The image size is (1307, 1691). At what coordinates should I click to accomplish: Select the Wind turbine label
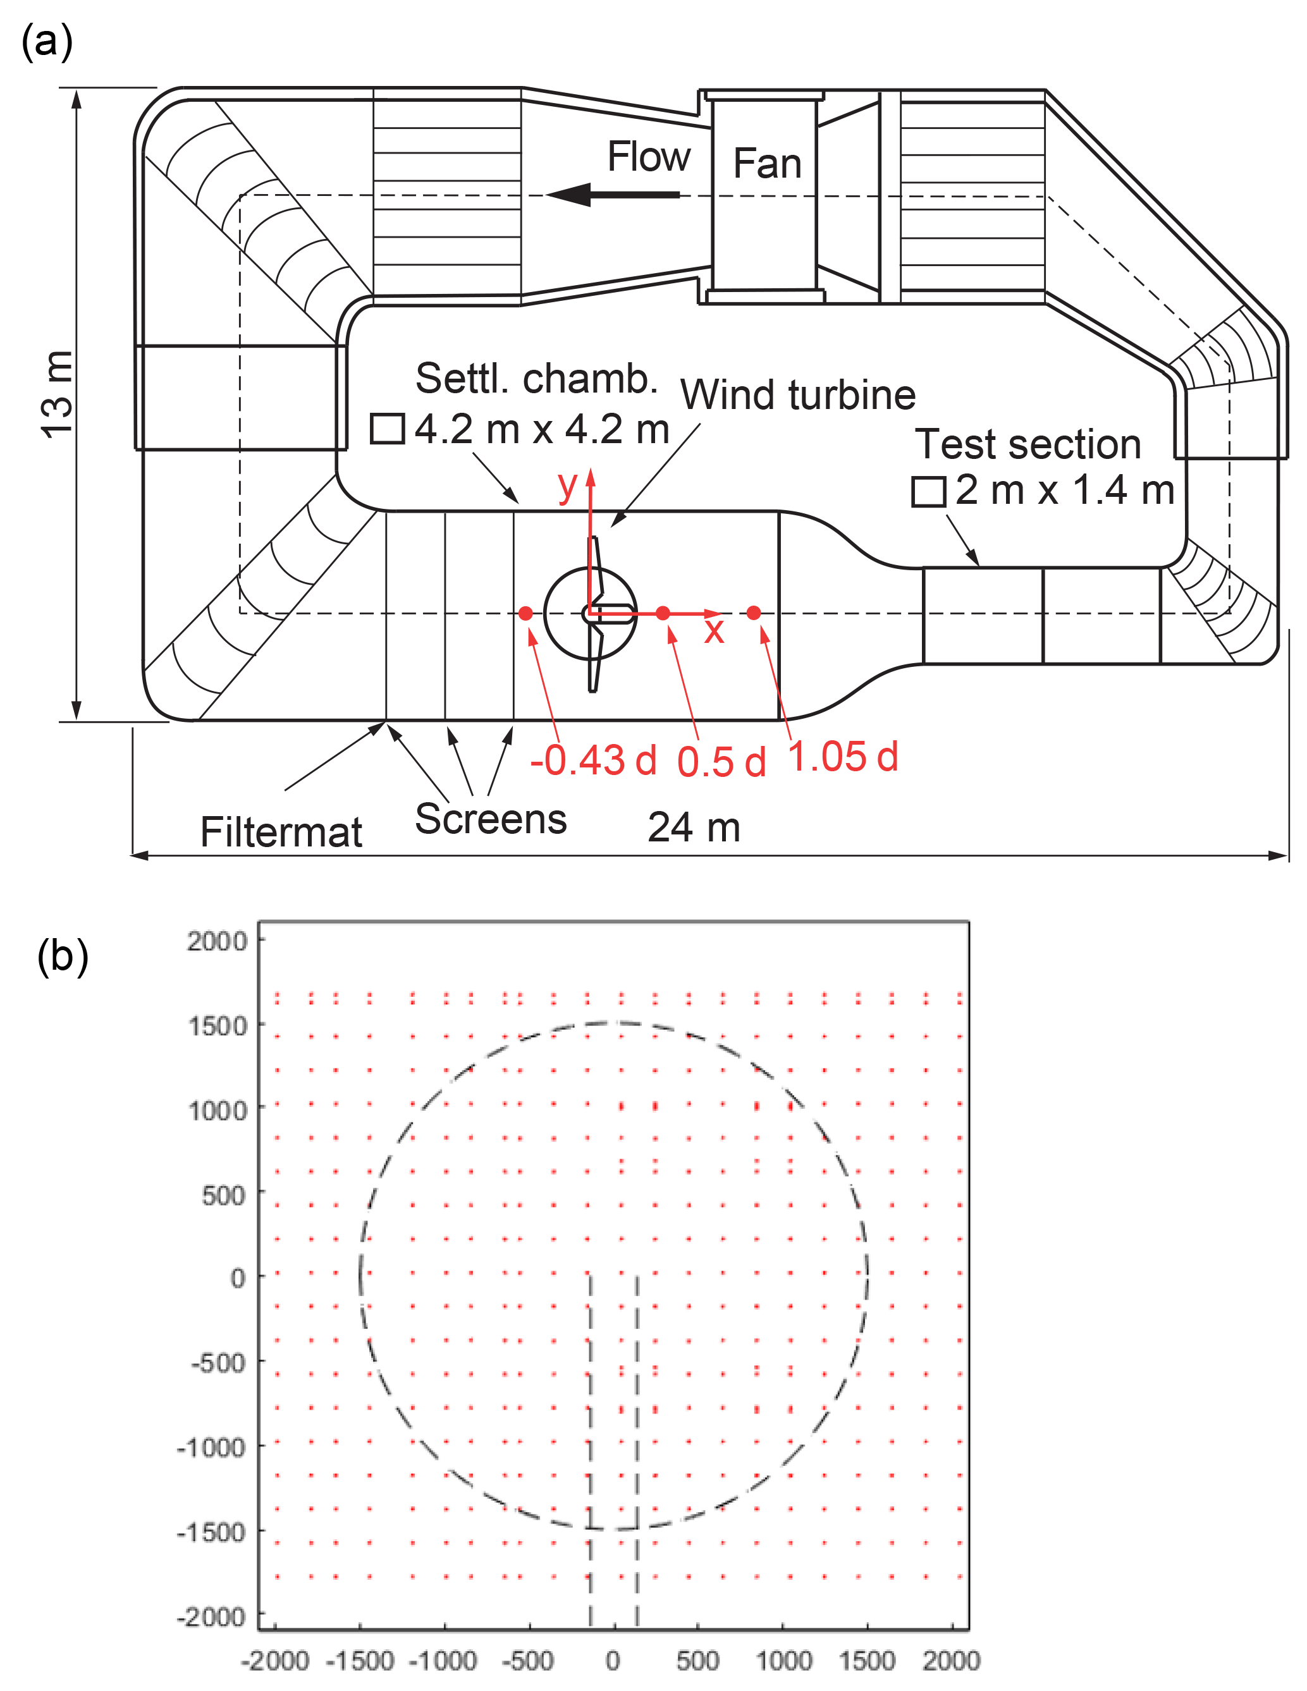click(x=797, y=395)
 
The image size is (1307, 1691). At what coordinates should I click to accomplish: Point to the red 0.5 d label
click(x=721, y=762)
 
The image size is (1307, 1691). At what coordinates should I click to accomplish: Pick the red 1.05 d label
click(x=842, y=757)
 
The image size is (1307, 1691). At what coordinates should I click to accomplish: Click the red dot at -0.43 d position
click(x=525, y=613)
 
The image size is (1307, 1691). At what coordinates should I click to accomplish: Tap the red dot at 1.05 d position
click(x=753, y=613)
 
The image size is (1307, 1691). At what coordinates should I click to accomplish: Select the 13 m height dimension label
click(x=58, y=395)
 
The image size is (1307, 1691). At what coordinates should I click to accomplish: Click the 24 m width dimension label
click(x=694, y=827)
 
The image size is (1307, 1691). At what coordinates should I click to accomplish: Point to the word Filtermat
click(x=281, y=833)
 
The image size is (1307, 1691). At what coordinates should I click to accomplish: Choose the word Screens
click(x=491, y=819)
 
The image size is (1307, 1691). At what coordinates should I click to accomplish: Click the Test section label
click(x=1028, y=444)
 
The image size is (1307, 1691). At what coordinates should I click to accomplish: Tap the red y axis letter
click(x=568, y=486)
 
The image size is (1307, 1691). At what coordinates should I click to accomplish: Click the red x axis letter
click(x=714, y=630)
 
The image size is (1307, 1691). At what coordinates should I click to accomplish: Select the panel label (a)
click(x=46, y=41)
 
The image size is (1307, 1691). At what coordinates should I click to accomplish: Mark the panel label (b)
click(x=63, y=956)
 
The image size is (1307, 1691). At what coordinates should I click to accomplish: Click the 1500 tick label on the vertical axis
click(x=218, y=1027)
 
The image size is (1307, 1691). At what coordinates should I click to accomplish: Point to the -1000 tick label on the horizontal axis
click(x=443, y=1660)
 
